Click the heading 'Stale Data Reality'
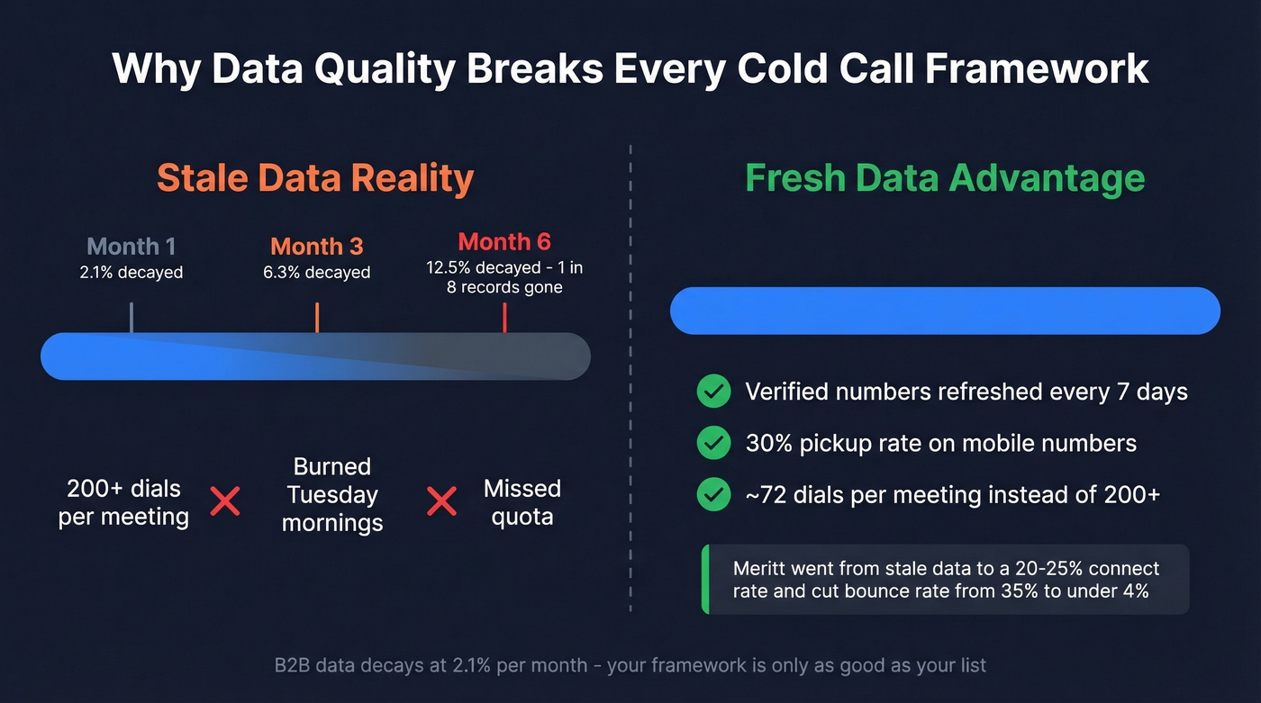click(315, 178)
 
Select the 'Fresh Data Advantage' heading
click(945, 178)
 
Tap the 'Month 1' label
click(132, 247)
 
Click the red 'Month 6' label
click(504, 242)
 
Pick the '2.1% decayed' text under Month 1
click(132, 272)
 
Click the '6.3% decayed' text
click(317, 272)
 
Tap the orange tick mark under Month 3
click(317, 318)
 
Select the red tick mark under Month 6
click(504, 318)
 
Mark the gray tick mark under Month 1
click(132, 318)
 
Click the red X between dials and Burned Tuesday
click(225, 501)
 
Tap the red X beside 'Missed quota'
click(441, 501)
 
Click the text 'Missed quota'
click(522, 502)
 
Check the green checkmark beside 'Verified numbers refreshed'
click(714, 392)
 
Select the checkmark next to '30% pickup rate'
click(714, 443)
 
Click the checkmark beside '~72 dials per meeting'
click(714, 494)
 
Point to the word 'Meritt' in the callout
click(759, 569)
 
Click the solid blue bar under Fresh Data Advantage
click(945, 311)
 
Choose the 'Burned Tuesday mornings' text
click(332, 494)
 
